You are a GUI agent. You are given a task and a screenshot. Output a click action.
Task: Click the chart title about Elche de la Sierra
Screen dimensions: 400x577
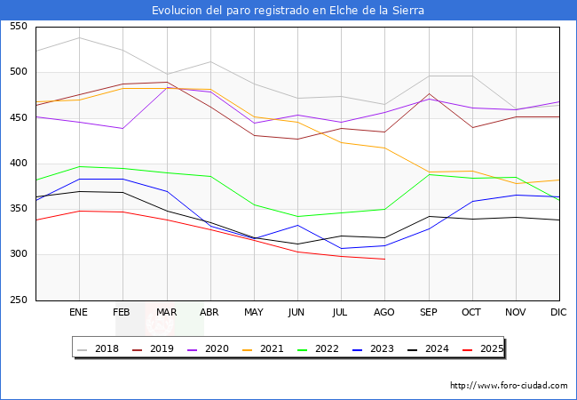pyautogui.click(x=288, y=11)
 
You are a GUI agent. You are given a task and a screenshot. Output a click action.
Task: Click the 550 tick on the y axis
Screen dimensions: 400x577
pyautogui.click(x=18, y=27)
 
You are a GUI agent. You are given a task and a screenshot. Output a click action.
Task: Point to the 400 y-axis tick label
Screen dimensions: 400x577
pyautogui.click(x=18, y=164)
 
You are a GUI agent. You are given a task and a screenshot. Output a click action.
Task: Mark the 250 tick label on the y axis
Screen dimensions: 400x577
pyautogui.click(x=18, y=300)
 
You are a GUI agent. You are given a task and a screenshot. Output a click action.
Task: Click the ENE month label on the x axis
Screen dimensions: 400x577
pyautogui.click(x=79, y=313)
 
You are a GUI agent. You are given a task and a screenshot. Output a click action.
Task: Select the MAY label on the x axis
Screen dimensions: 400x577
pyautogui.click(x=254, y=313)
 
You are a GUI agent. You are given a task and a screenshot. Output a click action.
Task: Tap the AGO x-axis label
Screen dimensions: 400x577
pyautogui.click(x=384, y=313)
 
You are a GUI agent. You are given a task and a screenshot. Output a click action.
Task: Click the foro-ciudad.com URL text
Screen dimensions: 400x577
pyautogui.click(x=509, y=386)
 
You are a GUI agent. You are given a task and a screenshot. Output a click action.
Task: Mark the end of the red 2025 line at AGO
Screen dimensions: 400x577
pyautogui.click(x=384, y=259)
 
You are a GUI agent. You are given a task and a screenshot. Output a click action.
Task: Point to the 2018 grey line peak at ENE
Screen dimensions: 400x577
pyautogui.click(x=79, y=37)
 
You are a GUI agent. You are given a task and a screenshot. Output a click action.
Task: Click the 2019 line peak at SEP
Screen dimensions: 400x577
pyautogui.click(x=429, y=94)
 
